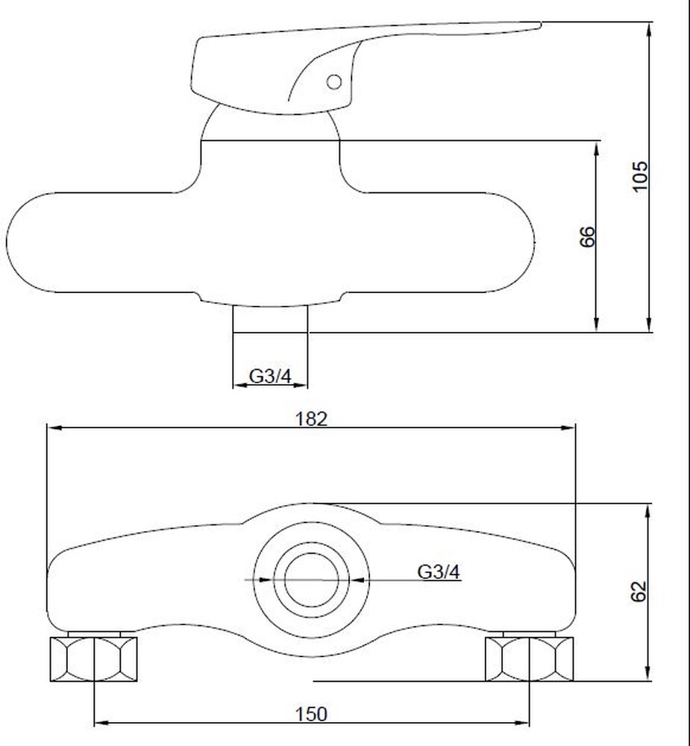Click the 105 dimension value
point(640,176)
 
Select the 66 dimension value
point(588,236)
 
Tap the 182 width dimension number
point(312,419)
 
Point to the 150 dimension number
point(312,714)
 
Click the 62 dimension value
point(639,592)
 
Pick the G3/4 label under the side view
point(270,376)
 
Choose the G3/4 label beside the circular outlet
point(439,571)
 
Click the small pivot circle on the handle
point(334,82)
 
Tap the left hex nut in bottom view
point(94,659)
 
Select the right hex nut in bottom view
point(529,659)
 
